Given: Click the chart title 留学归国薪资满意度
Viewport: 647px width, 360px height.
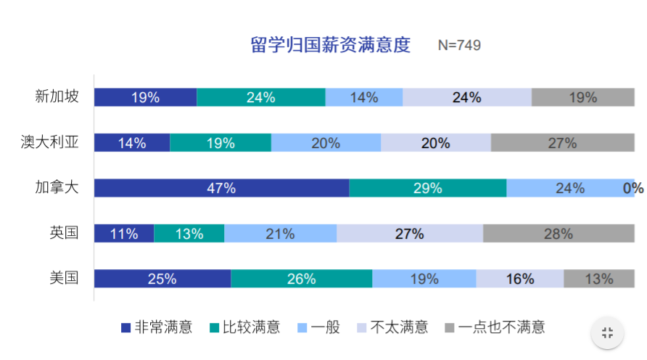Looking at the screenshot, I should click(x=330, y=45).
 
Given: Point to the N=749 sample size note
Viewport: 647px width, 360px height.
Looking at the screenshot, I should click(x=459, y=45).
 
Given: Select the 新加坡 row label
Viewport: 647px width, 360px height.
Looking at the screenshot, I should click(x=57, y=97).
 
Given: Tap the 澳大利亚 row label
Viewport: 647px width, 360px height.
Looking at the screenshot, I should click(x=49, y=142).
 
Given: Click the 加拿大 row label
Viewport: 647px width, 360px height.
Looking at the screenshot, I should click(x=57, y=188).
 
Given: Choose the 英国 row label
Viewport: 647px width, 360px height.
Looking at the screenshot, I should click(x=64, y=233).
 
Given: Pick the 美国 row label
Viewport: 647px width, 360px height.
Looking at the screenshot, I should click(x=64, y=278).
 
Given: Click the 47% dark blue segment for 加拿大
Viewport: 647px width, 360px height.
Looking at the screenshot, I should click(x=221, y=188).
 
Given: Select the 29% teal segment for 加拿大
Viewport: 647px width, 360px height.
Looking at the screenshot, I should click(x=427, y=188).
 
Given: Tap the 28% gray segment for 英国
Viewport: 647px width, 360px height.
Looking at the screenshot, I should click(x=559, y=234).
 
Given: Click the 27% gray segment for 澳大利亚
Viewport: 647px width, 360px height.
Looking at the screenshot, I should click(x=562, y=143).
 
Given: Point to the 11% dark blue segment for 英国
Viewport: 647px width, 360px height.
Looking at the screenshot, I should click(x=124, y=234).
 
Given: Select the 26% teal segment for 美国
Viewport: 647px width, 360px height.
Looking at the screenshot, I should click(x=301, y=279).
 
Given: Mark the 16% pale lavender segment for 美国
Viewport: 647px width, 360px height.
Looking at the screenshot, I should click(x=519, y=279).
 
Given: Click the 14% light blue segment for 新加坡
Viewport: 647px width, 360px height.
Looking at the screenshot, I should click(x=363, y=97).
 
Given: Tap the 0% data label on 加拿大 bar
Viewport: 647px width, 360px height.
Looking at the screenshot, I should click(x=633, y=189).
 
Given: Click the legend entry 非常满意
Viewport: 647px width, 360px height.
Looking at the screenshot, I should click(x=157, y=327).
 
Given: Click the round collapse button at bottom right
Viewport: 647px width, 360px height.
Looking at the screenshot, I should click(x=608, y=332).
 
